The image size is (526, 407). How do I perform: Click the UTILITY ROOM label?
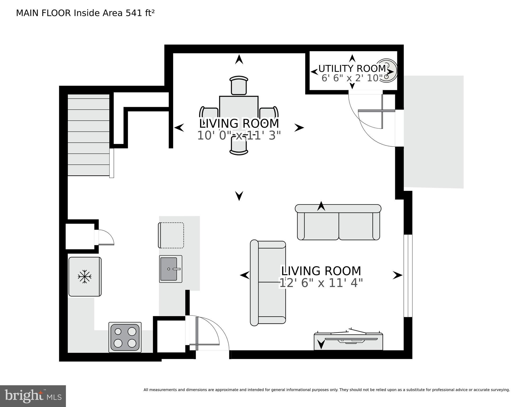pyautogui.click(x=352, y=69)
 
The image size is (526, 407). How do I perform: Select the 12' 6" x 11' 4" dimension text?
pyautogui.click(x=321, y=283)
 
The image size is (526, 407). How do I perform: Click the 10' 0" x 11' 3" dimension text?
pyautogui.click(x=239, y=135)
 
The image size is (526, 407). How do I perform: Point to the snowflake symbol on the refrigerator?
pyautogui.click(x=85, y=277)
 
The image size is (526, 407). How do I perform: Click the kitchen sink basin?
pyautogui.click(x=168, y=269)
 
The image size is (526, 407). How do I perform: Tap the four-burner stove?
pyautogui.click(x=125, y=337)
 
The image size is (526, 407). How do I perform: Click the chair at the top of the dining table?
pyautogui.click(x=239, y=85)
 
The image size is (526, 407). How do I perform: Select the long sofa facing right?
pyautogui.click(x=268, y=283)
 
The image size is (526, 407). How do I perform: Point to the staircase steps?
pyautogui.click(x=89, y=135)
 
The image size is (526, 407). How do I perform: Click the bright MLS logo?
pyautogui.click(x=33, y=396)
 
